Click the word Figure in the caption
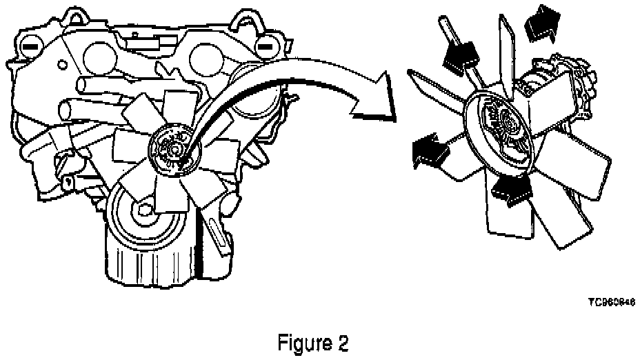[301, 342]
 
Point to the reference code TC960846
[612, 302]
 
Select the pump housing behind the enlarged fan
[562, 97]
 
